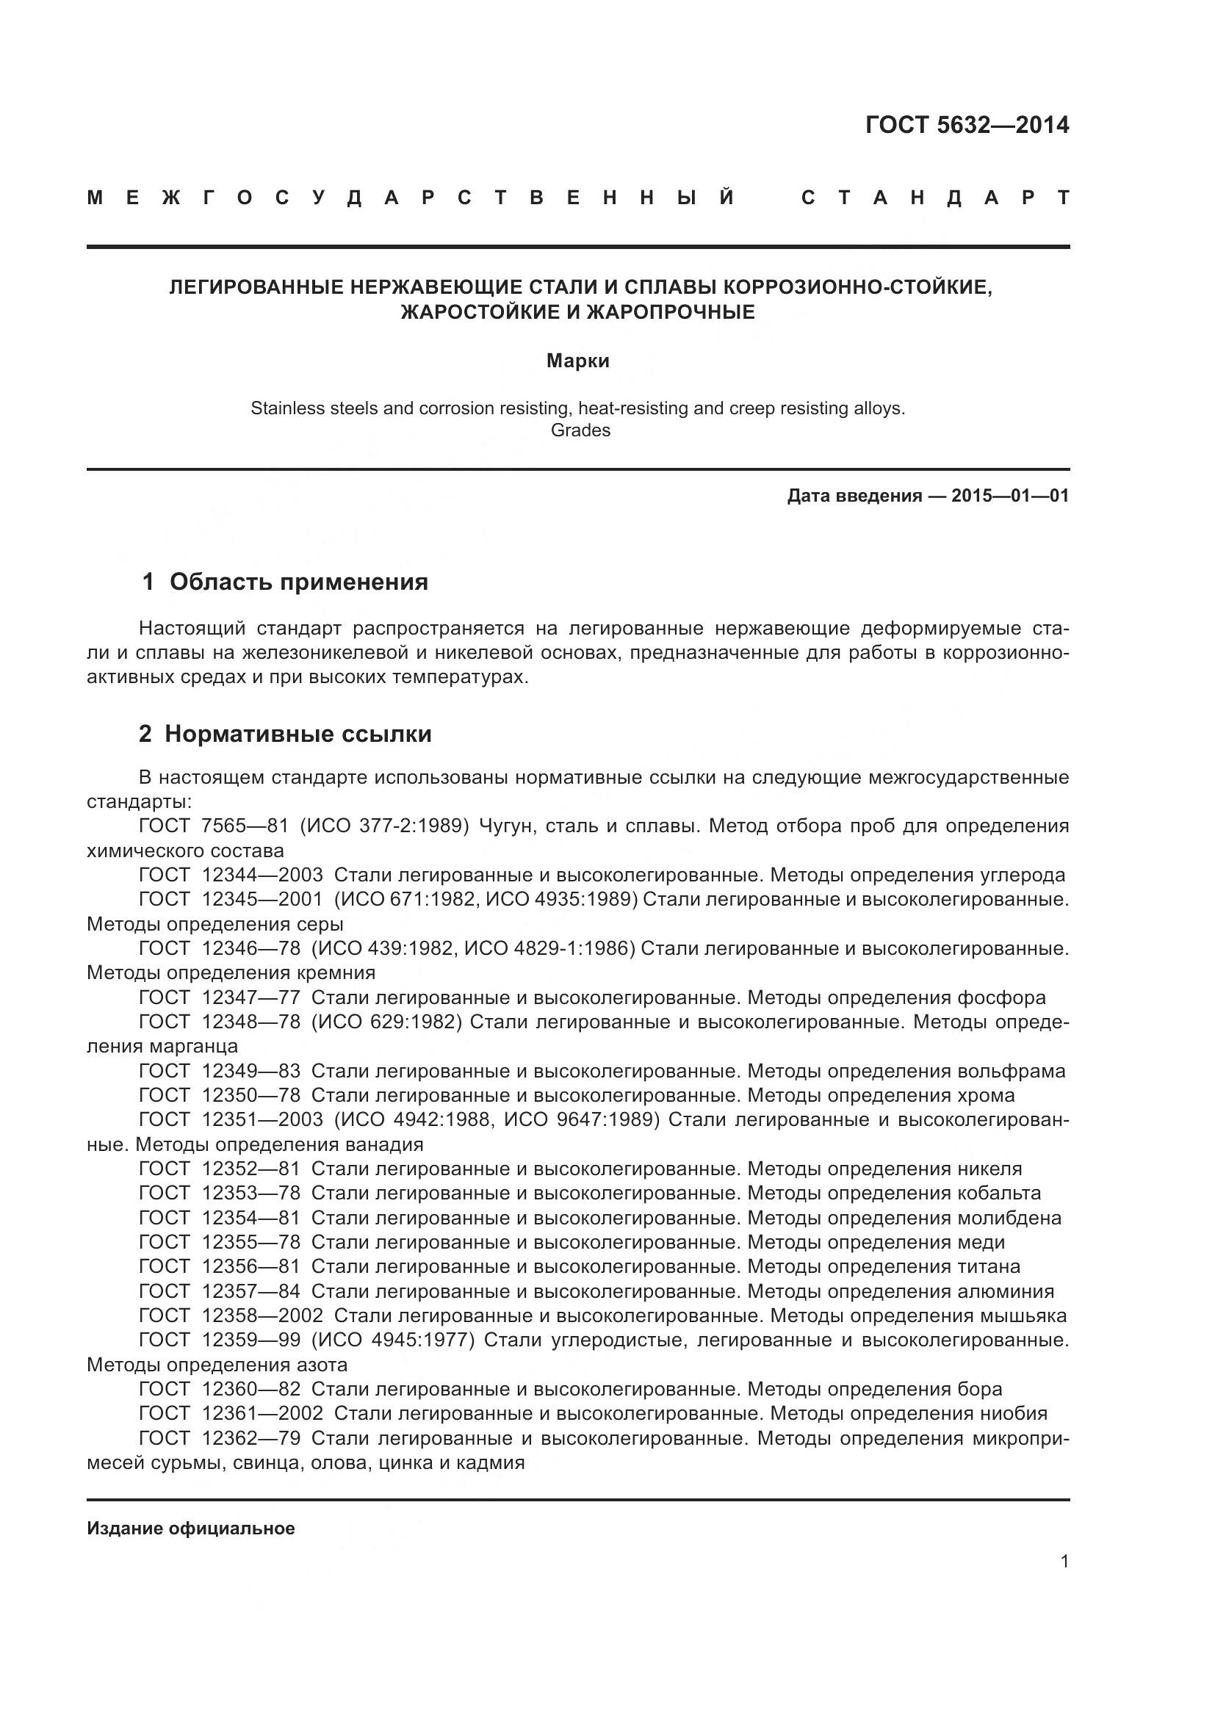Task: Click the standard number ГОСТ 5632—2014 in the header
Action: click(967, 125)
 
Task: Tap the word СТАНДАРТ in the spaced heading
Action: click(935, 198)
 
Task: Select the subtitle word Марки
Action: click(577, 361)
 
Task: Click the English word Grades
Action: click(580, 430)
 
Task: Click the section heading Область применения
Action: click(298, 582)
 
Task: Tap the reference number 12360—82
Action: click(250, 1390)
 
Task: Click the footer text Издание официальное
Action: click(191, 1528)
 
